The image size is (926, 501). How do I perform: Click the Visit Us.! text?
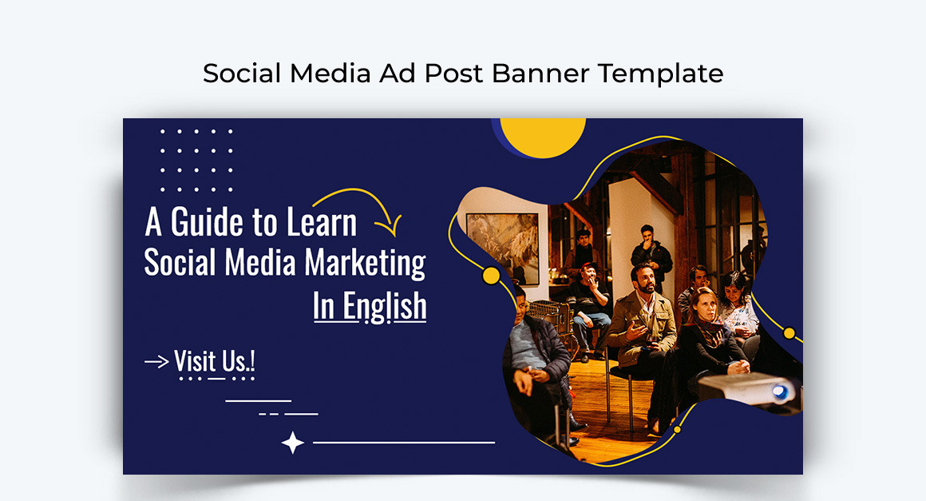point(215,361)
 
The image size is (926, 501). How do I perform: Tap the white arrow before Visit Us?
point(156,362)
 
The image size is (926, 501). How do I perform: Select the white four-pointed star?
point(293,442)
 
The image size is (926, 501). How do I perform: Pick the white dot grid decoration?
point(196,160)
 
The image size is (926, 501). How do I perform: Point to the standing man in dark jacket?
point(651,256)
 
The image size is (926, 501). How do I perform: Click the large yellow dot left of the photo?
point(492,276)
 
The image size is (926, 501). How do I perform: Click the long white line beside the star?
point(404,442)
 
